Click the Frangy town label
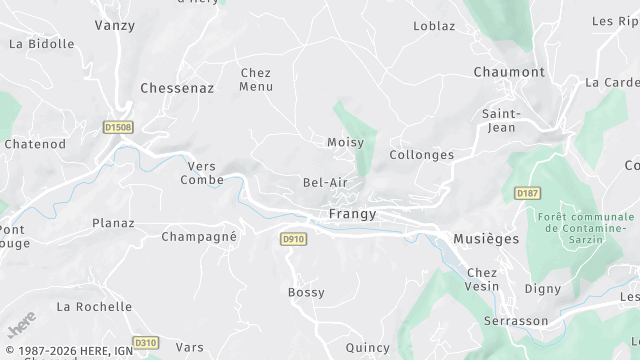(352, 214)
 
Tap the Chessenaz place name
(177, 88)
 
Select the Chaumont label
(509, 72)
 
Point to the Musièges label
(486, 239)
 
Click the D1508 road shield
(118, 127)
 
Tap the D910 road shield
(293, 239)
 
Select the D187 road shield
(527, 192)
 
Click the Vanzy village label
(114, 25)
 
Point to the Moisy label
(345, 143)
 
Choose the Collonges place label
(421, 155)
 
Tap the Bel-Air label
(325, 183)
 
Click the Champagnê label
(199, 237)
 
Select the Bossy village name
(306, 292)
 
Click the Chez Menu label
(256, 79)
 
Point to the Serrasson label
(516, 321)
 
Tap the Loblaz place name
(434, 26)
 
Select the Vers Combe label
(202, 173)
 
